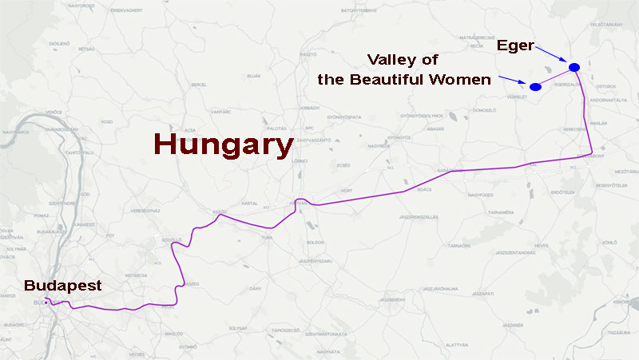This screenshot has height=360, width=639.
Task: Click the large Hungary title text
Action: coord(222,145)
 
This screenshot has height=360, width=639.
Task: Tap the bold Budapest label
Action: coord(62,285)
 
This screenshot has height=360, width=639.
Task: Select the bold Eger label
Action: coord(514,45)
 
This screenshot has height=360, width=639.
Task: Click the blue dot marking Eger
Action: coord(574,66)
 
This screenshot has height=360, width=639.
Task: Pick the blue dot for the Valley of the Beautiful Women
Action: coord(535,86)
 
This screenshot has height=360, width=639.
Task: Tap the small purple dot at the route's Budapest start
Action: coord(46,303)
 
